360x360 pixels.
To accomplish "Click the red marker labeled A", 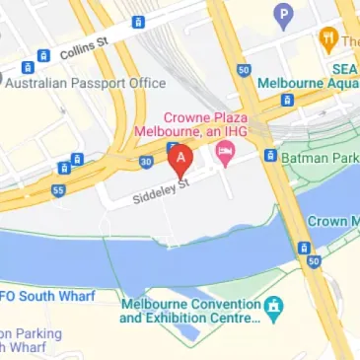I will click(x=179, y=159).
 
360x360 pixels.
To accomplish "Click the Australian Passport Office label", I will click(x=85, y=83).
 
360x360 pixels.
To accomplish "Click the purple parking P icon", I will click(x=285, y=15).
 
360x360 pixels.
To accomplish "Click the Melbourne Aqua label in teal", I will click(x=308, y=84).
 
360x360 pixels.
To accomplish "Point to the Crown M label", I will click(x=335, y=222).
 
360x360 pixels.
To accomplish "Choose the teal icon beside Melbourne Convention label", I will click(x=276, y=308).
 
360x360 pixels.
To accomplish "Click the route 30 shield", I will click(x=146, y=162).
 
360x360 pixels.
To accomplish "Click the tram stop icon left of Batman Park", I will click(x=269, y=155).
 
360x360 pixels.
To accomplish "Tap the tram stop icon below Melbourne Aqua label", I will click(x=286, y=101).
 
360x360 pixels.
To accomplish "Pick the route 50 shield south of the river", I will click(x=314, y=261).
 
